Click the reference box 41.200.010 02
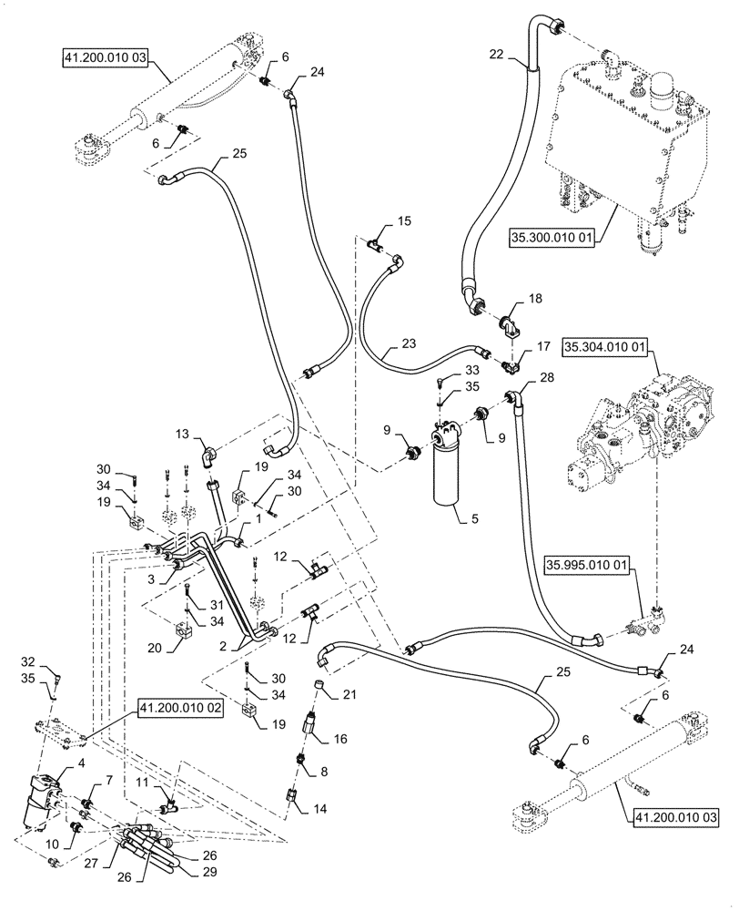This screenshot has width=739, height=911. point(179,708)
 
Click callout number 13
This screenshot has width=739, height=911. point(182,435)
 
